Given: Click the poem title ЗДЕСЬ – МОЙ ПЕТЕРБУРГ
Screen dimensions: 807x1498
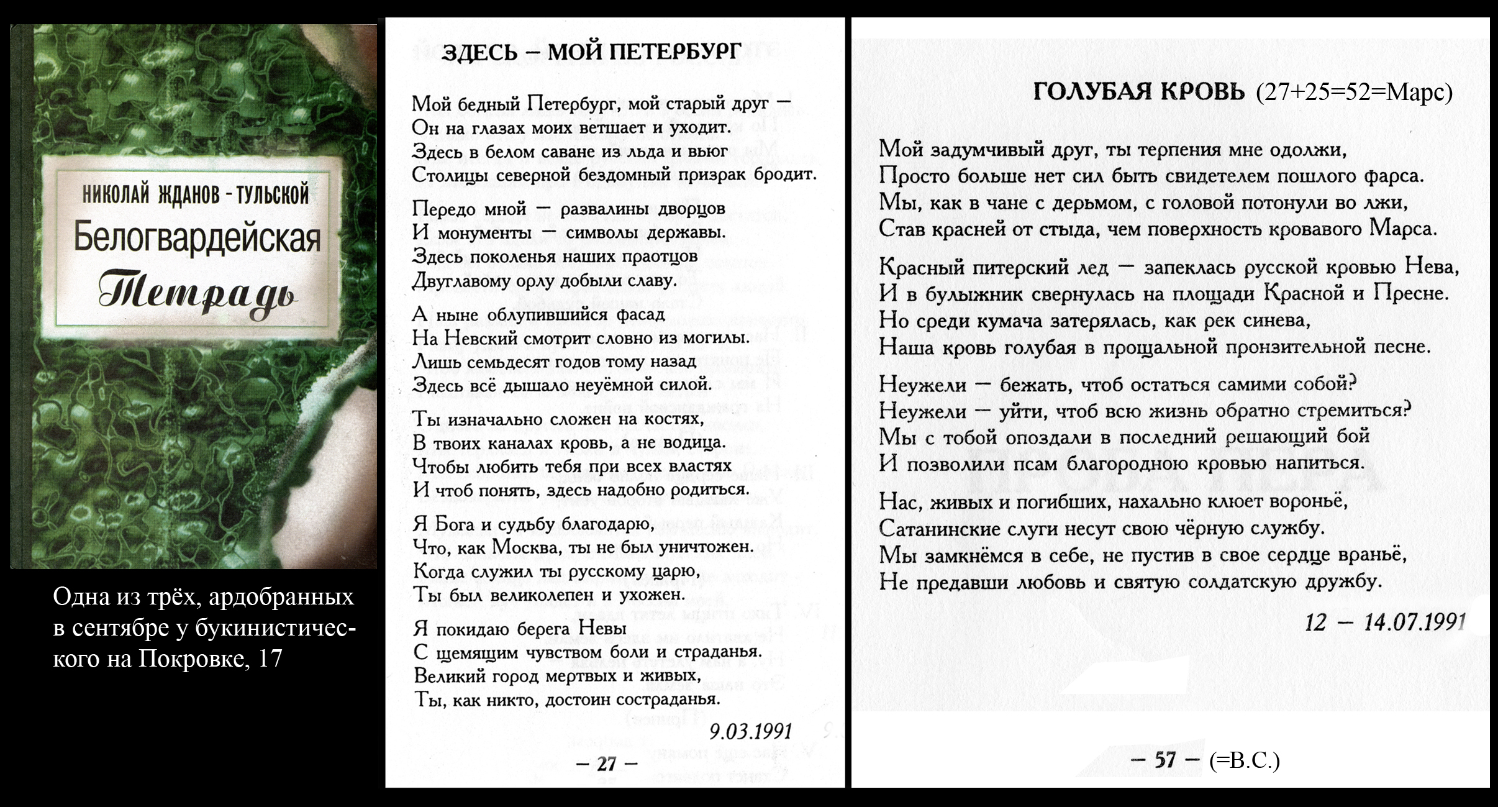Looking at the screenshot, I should pyautogui.click(x=591, y=52).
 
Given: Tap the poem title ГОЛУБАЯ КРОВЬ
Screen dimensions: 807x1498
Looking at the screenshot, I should pyautogui.click(x=1139, y=93).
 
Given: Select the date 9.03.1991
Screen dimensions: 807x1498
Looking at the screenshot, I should pyautogui.click(x=751, y=732).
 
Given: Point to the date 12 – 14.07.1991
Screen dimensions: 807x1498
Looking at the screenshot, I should pyautogui.click(x=1386, y=622).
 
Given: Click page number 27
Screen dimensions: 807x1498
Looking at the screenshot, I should pyautogui.click(x=607, y=764).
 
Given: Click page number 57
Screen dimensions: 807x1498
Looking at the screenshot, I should pyautogui.click(x=1165, y=760).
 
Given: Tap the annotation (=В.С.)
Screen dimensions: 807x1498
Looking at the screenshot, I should pyautogui.click(x=1245, y=760).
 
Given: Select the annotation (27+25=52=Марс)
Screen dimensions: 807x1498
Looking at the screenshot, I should pyautogui.click(x=1354, y=93).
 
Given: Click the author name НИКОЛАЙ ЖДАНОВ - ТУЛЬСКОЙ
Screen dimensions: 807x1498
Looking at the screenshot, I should pyautogui.click(x=196, y=194).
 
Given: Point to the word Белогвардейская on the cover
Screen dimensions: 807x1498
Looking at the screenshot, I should pyautogui.click(x=197, y=238).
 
